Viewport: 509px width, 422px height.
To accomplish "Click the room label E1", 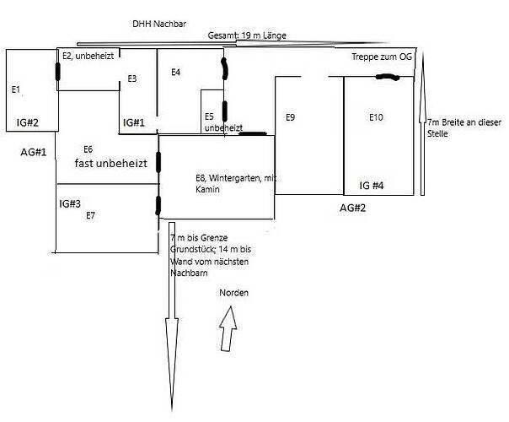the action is (16, 89).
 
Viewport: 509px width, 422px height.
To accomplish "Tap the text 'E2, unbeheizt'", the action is (88, 56).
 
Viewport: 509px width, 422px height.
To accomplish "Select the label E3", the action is (132, 78).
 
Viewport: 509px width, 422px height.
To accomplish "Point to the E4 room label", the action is (175, 73).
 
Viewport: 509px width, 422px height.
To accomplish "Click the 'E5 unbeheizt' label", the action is (223, 122).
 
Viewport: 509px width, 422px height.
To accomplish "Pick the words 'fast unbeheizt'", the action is (111, 163).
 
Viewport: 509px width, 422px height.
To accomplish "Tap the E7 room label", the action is (90, 215).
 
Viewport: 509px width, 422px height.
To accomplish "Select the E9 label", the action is (290, 117).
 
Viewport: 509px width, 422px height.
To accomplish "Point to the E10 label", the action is (376, 117).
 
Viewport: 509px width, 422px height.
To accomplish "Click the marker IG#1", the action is (134, 122).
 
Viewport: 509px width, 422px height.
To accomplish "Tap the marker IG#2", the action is (28, 122).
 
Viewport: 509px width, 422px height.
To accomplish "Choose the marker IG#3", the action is (70, 204).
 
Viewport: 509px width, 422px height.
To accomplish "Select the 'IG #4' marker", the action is (372, 186).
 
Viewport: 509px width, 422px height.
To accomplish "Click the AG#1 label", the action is (34, 152).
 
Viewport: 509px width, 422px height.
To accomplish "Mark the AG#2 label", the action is (352, 208).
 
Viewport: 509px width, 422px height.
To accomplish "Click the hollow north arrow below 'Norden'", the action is (228, 329).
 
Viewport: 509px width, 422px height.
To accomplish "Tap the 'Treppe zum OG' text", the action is (382, 57).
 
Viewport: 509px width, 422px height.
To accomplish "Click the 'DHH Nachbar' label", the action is (159, 24).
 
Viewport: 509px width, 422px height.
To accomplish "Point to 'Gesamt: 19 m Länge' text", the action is (247, 35).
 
